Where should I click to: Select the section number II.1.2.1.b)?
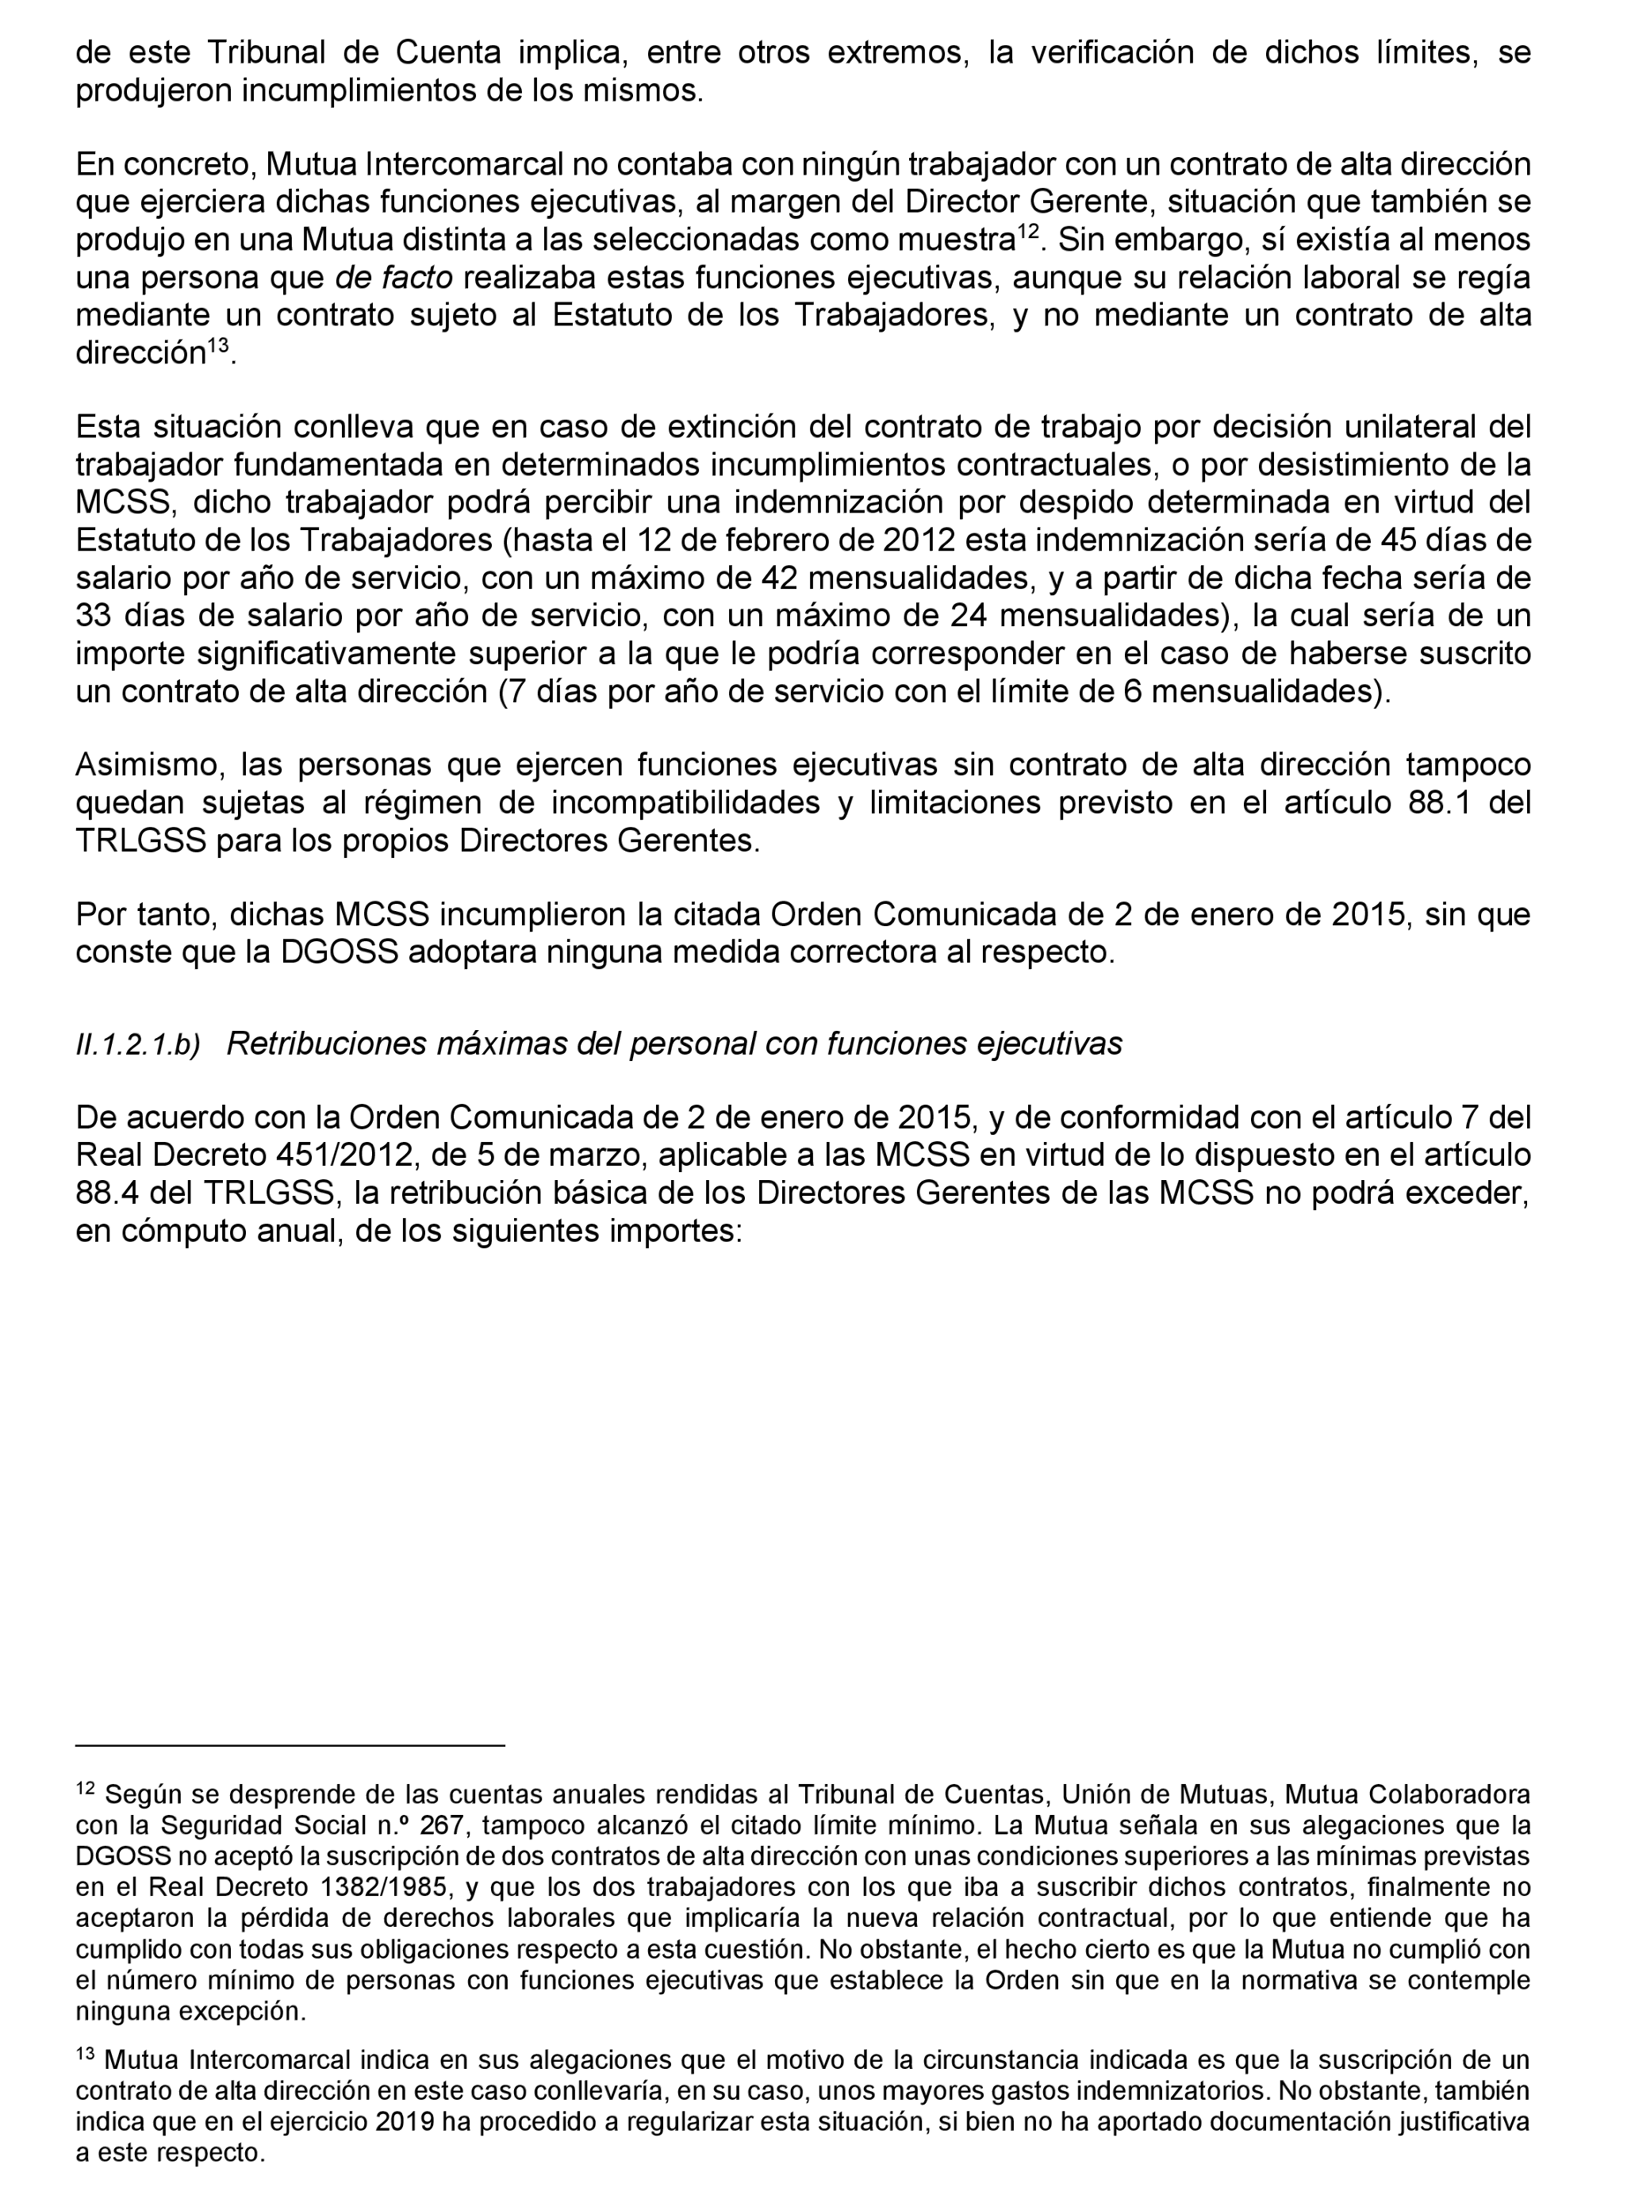tap(138, 1046)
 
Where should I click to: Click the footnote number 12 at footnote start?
tap(85, 1788)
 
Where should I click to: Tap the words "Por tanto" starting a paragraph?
tap(142, 915)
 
